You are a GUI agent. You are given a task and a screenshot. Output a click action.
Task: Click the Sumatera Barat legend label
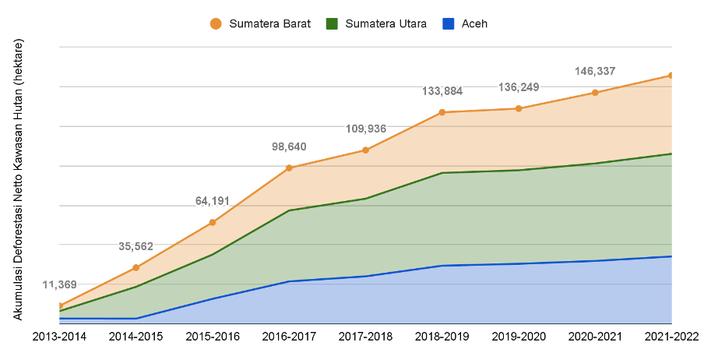(269, 24)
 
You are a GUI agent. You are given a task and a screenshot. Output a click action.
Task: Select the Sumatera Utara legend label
(385, 24)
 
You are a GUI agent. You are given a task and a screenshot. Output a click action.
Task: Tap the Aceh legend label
(475, 24)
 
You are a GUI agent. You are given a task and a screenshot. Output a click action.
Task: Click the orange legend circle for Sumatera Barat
(216, 24)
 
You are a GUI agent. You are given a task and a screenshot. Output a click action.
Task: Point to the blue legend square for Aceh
(448, 24)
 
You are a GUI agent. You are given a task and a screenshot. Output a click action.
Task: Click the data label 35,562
(136, 246)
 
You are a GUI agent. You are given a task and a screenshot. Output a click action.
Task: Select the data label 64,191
(212, 201)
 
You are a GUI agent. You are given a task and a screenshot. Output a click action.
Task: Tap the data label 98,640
(289, 146)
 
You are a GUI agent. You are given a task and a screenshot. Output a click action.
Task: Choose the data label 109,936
(366, 129)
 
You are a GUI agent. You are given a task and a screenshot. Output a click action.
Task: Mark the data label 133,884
(442, 91)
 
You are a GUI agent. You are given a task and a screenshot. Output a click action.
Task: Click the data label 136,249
(519, 86)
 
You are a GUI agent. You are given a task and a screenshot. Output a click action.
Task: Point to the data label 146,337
(596, 71)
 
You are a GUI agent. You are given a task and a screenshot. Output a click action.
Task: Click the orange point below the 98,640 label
(289, 167)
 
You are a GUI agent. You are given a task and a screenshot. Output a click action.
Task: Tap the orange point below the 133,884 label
(442, 111)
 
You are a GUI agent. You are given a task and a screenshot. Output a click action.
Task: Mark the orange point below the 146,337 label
(596, 92)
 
